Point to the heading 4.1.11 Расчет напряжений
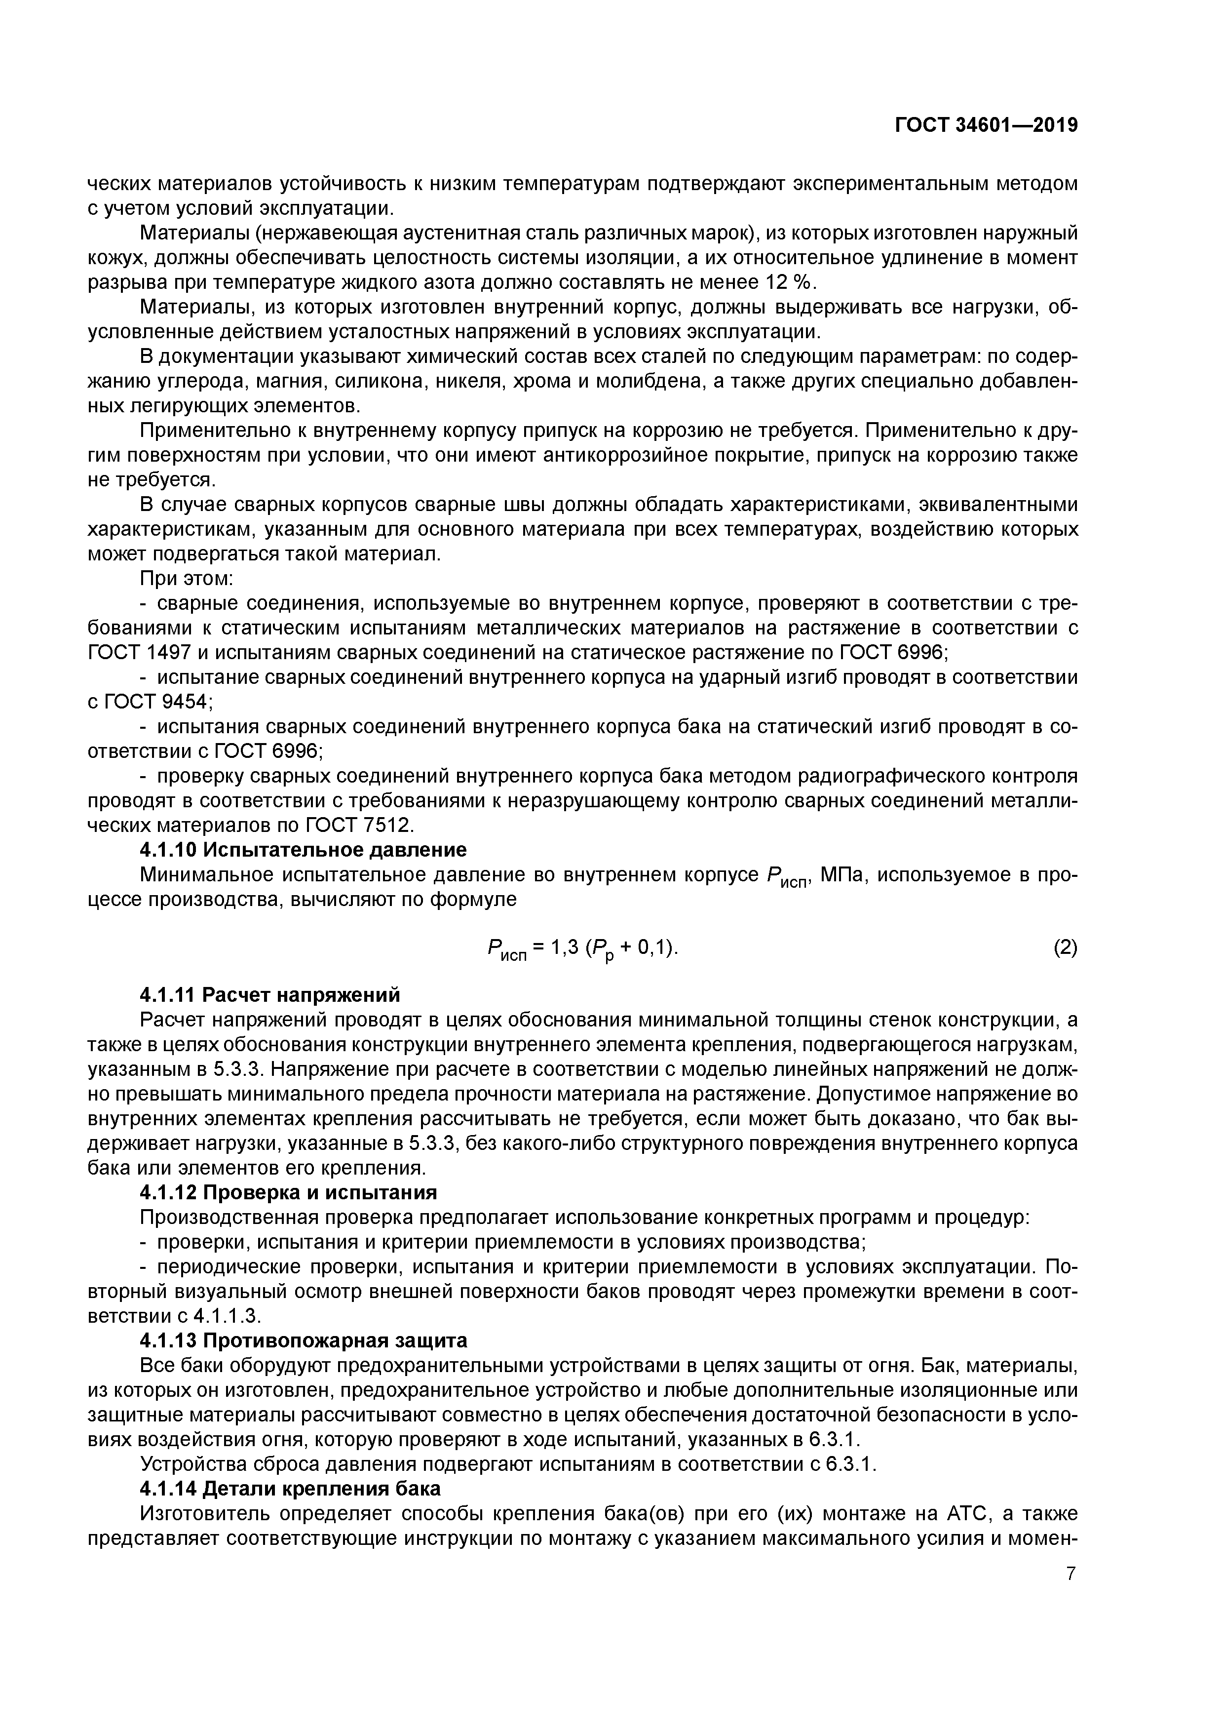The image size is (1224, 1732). pyautogui.click(x=270, y=995)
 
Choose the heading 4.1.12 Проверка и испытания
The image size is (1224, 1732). pyautogui.click(x=288, y=1193)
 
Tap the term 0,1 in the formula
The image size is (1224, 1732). pyautogui.click(x=650, y=947)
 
